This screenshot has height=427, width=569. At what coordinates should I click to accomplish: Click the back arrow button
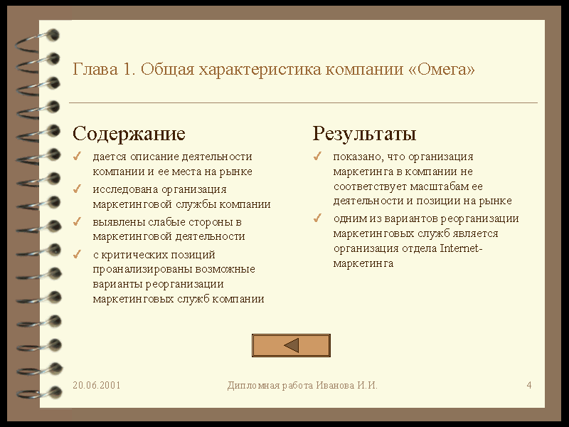tap(291, 345)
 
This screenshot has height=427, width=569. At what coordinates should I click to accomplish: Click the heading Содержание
tap(129, 134)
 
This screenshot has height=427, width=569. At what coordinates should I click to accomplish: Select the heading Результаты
tap(364, 134)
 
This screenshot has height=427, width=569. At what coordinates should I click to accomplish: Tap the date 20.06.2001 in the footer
tap(96, 385)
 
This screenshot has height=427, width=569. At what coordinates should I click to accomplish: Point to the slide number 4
tap(529, 385)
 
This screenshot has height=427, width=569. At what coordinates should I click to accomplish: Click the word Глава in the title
tap(95, 69)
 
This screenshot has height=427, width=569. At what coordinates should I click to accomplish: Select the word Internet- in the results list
tap(461, 248)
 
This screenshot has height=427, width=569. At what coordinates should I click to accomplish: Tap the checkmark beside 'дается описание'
tap(77, 157)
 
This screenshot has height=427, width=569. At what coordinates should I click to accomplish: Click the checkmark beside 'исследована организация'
tap(77, 189)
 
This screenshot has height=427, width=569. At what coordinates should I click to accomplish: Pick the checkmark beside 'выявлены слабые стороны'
tap(77, 221)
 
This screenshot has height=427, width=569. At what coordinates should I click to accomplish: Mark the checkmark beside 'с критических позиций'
tap(77, 255)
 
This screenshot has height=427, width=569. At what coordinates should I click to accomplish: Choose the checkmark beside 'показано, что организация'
tap(317, 157)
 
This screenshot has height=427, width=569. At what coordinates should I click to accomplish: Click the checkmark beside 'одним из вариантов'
tap(317, 218)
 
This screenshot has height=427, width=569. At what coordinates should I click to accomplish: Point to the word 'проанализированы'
tap(143, 270)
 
